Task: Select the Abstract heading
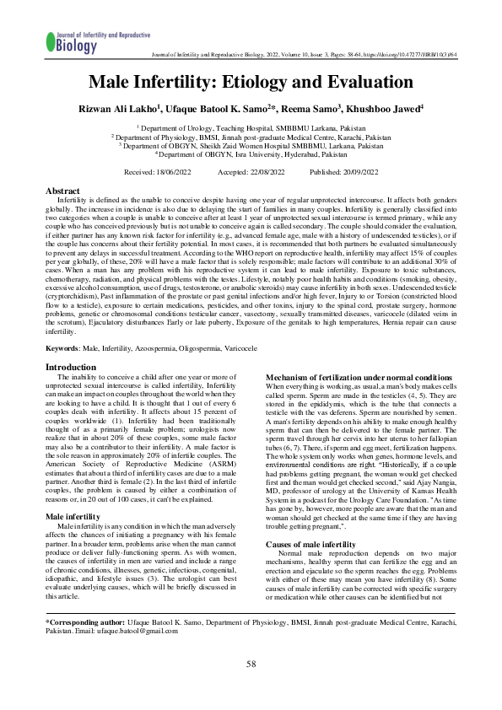[62, 192]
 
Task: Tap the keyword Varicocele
[262, 348]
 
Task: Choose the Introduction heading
[71, 368]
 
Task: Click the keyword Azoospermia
[165, 348]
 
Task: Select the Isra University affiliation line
[251, 154]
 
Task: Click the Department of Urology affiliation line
[251, 126]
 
